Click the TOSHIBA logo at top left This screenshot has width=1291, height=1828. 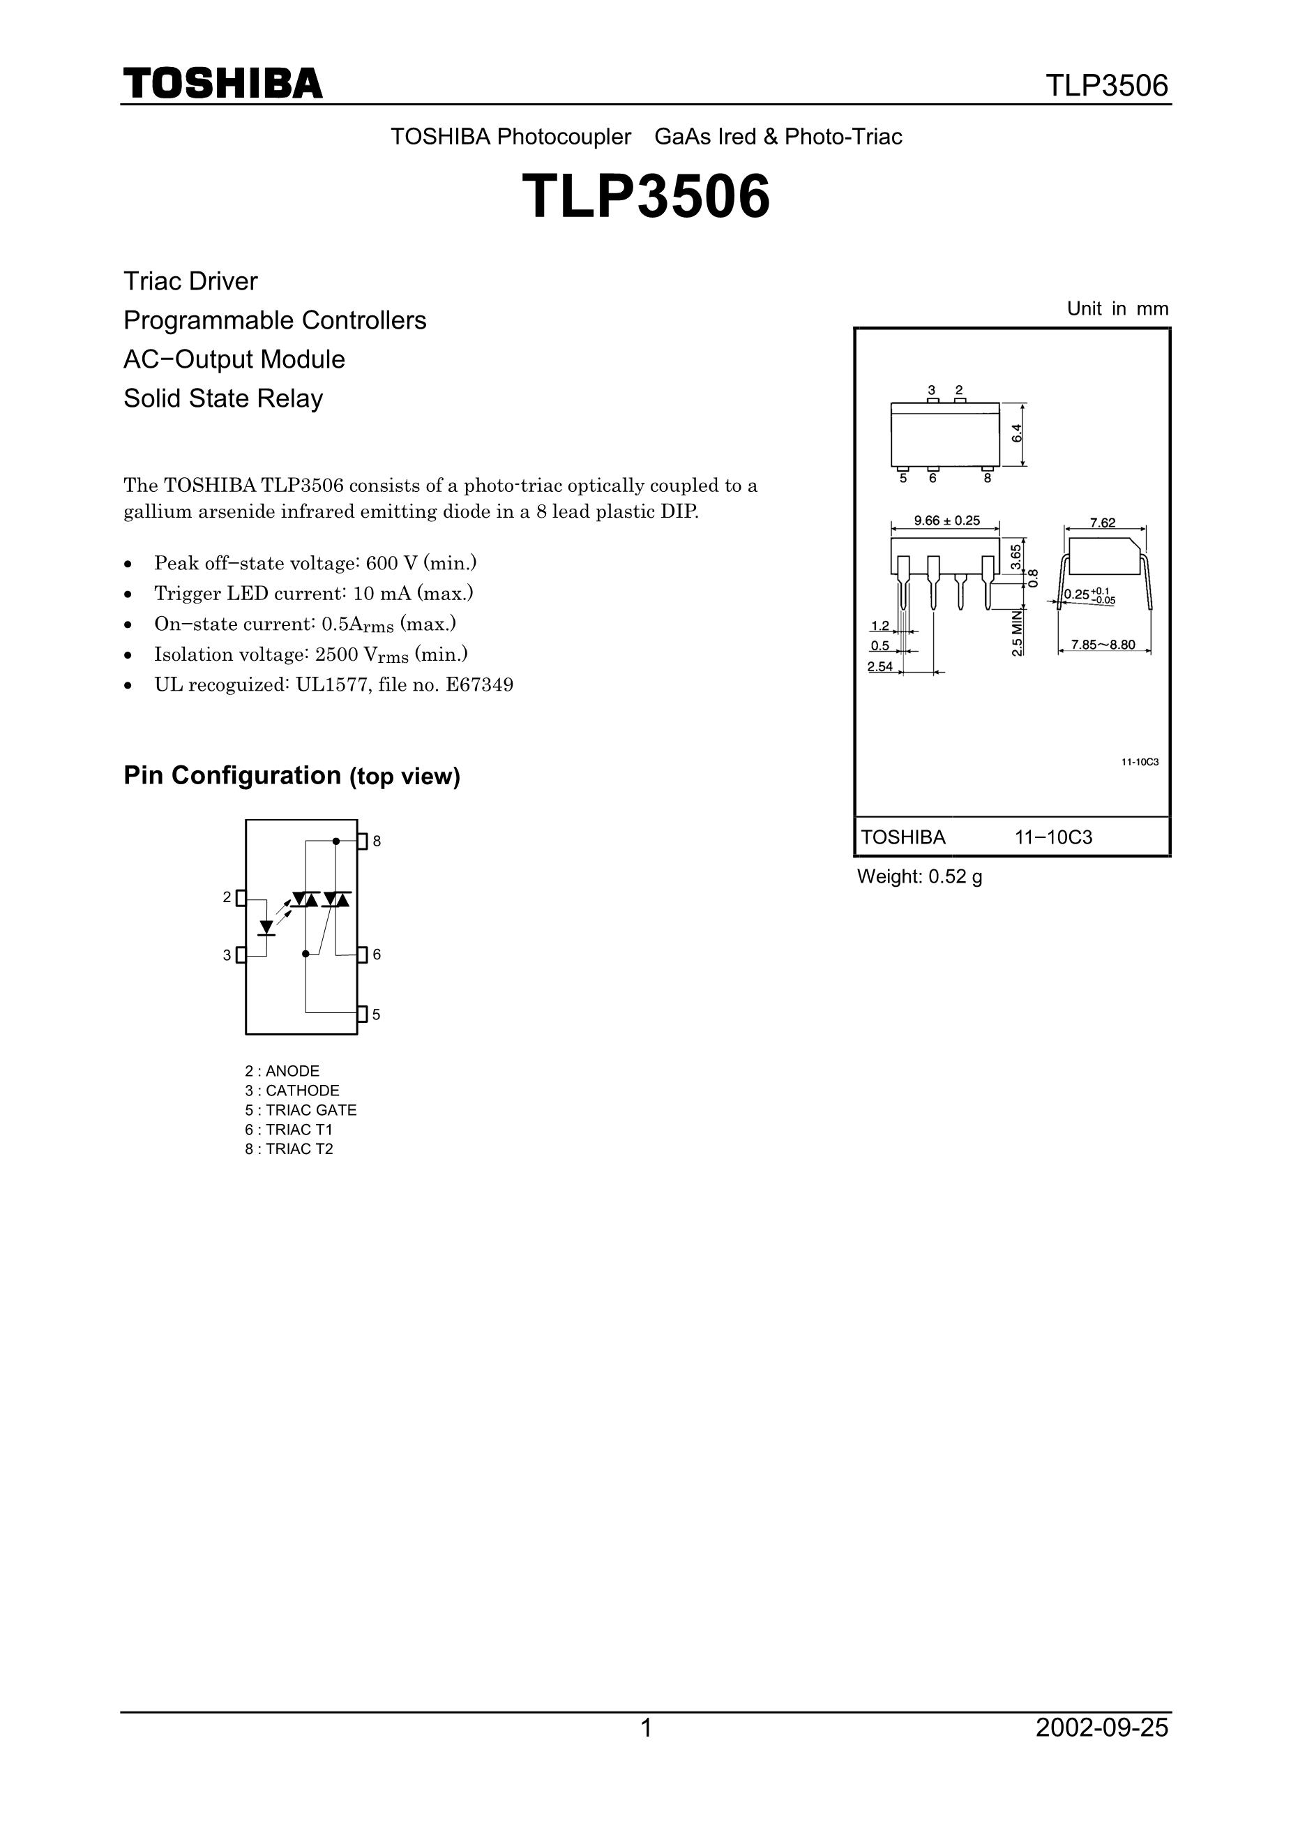click(223, 84)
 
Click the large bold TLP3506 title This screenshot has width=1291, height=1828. click(646, 197)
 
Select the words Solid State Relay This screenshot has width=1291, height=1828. click(223, 398)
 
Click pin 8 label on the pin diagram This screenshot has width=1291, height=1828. click(377, 841)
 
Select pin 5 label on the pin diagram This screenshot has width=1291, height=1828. click(377, 1014)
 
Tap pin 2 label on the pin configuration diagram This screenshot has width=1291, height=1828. click(227, 897)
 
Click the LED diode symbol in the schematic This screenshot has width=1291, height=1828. click(266, 927)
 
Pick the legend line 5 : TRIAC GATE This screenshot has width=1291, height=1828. click(301, 1110)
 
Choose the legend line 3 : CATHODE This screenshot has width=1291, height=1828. click(292, 1091)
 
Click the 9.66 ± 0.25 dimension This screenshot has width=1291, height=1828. click(946, 520)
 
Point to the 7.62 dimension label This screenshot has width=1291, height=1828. click(1103, 523)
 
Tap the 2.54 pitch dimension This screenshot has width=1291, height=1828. click(879, 666)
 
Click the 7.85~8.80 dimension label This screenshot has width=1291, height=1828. click(1103, 644)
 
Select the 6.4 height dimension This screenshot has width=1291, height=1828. click(1016, 434)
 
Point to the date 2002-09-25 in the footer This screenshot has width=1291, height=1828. click(1101, 1728)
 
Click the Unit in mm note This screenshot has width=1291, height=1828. click(1117, 309)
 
